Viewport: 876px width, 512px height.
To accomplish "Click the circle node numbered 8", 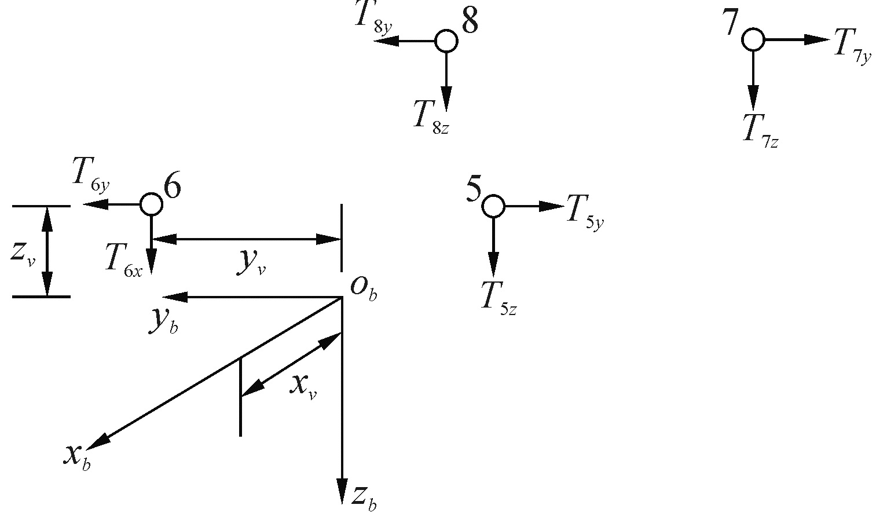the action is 446,41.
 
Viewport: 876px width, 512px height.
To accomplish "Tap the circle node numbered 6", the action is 151,204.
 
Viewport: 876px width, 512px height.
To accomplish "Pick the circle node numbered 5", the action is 493,206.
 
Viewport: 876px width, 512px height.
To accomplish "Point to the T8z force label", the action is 430,116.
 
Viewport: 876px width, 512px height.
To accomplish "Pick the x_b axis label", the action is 76,457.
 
